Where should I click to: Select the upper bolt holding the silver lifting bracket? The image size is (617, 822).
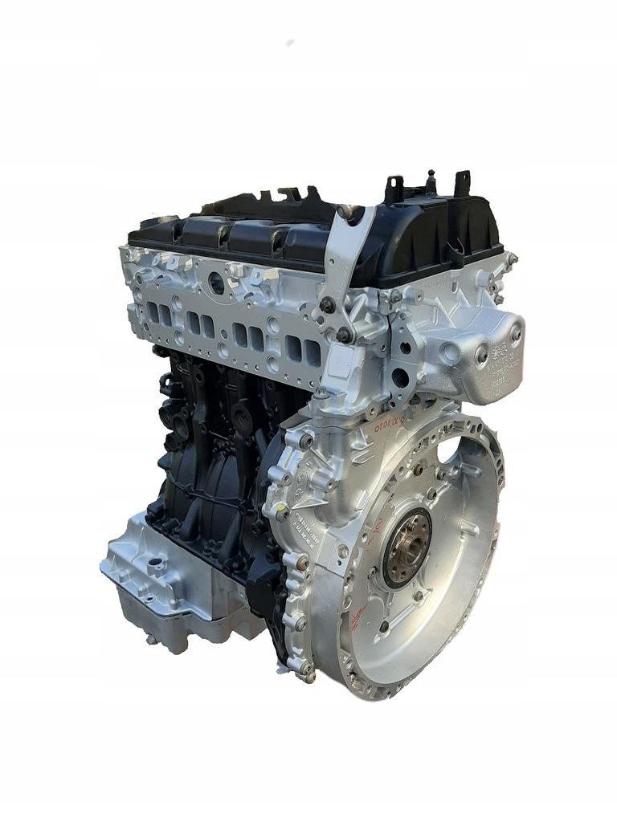point(328,304)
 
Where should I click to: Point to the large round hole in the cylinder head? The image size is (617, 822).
point(216,283)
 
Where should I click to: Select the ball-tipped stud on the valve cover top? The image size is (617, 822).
point(431,177)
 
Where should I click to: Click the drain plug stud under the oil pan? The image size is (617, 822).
point(150,639)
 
